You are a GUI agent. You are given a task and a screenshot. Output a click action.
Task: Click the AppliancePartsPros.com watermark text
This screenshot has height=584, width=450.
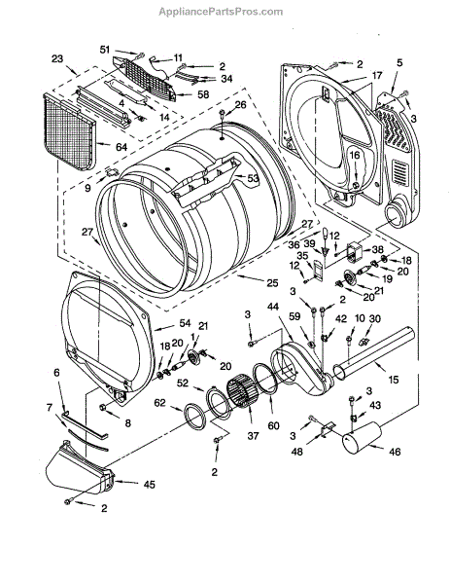coord(221,12)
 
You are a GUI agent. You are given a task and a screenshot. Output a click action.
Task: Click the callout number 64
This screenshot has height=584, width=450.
coord(121,147)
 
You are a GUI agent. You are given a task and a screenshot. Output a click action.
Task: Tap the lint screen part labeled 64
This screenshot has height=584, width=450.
coord(70,131)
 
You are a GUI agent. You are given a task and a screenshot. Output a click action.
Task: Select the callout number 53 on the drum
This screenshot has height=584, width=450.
coord(253,178)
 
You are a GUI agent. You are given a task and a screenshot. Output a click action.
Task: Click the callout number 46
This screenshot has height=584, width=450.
coord(395,452)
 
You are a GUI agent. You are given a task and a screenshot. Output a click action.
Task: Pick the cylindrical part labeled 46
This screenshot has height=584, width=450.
coord(362,438)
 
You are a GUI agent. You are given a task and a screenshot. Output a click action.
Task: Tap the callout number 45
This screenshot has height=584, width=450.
coord(149,485)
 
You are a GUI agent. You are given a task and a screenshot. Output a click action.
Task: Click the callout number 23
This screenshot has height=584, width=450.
coord(57,58)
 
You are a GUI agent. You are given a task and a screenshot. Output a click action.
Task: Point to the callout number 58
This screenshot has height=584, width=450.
coord(203,94)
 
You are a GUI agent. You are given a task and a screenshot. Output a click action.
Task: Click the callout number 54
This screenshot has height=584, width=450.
coord(185,323)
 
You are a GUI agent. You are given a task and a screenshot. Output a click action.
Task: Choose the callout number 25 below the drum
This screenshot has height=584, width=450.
coord(272,283)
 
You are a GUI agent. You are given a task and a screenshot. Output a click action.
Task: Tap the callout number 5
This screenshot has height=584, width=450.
coord(399,62)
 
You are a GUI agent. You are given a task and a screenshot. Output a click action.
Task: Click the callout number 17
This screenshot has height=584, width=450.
coord(377,76)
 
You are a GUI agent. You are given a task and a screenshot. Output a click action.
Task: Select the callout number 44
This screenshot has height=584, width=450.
coord(272,307)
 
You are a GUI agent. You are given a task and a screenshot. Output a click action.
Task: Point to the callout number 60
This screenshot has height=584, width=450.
coord(273,425)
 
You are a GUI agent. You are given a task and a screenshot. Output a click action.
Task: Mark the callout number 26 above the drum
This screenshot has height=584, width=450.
coord(241,105)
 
